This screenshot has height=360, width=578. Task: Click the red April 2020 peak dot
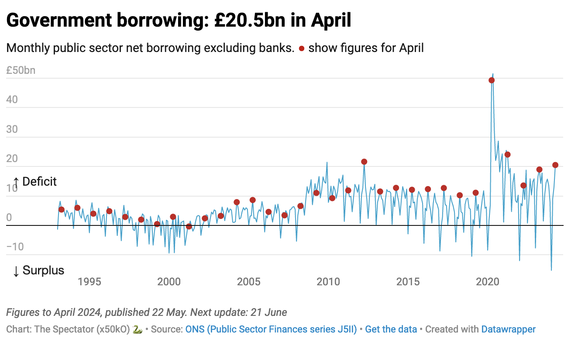(x=492, y=80)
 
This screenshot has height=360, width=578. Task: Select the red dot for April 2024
(x=555, y=165)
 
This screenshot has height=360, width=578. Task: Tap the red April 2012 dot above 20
(x=364, y=162)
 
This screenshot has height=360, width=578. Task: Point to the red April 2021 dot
(x=507, y=155)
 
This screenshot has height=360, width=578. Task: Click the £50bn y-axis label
(x=21, y=70)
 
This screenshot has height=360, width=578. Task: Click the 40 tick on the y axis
(x=12, y=100)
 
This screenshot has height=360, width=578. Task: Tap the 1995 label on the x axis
(x=89, y=282)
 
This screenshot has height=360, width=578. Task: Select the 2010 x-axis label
(x=328, y=282)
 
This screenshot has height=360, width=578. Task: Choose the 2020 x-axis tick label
(x=488, y=282)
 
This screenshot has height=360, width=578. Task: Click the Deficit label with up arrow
(x=35, y=182)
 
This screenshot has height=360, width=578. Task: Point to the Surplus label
(x=38, y=270)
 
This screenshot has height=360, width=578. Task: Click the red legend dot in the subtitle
(x=301, y=48)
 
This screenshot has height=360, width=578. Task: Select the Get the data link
(x=391, y=329)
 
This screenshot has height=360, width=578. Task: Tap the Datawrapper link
(x=508, y=329)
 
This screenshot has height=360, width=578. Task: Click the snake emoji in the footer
(x=138, y=330)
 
